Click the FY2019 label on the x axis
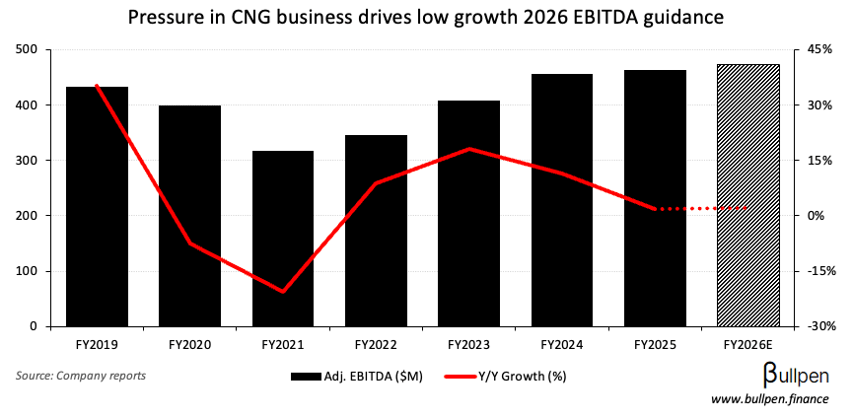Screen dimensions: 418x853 coord(97,345)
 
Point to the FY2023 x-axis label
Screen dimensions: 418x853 coord(469,345)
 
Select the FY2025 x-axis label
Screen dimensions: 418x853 coord(656,345)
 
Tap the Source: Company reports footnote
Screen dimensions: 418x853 coord(81,376)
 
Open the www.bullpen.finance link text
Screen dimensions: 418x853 coord(770,399)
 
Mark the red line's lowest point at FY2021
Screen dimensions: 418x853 coord(283,292)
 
